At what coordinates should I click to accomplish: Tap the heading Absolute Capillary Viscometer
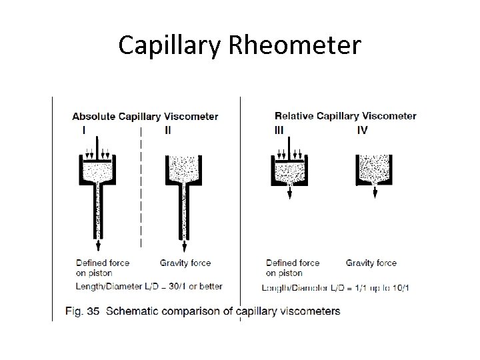click(145, 117)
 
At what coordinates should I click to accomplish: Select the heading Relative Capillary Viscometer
click(345, 116)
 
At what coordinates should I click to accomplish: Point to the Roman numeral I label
click(83, 131)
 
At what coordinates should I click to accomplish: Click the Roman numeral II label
click(167, 131)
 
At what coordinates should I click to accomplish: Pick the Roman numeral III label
click(279, 130)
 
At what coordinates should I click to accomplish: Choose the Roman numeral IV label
click(362, 130)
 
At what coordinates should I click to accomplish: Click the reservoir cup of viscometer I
click(97, 172)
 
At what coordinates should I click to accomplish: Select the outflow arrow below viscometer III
click(290, 192)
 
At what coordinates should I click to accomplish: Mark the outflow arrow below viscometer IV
click(375, 192)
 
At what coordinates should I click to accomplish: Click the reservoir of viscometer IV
click(374, 169)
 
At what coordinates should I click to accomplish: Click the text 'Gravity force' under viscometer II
click(186, 263)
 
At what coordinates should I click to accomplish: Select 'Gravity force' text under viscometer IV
click(371, 263)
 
